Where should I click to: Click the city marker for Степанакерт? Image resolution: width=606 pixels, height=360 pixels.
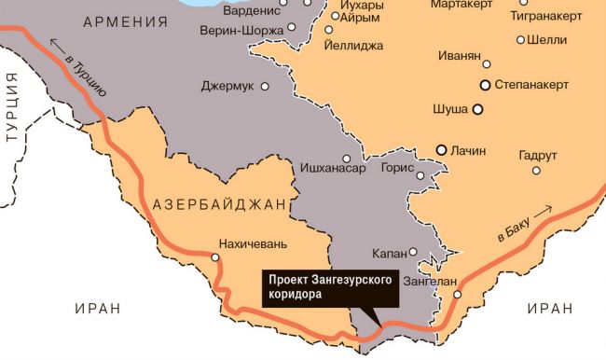[485, 85]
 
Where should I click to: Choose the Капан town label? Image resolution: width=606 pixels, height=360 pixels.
[389, 253]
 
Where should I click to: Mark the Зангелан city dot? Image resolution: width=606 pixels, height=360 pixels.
[457, 295]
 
